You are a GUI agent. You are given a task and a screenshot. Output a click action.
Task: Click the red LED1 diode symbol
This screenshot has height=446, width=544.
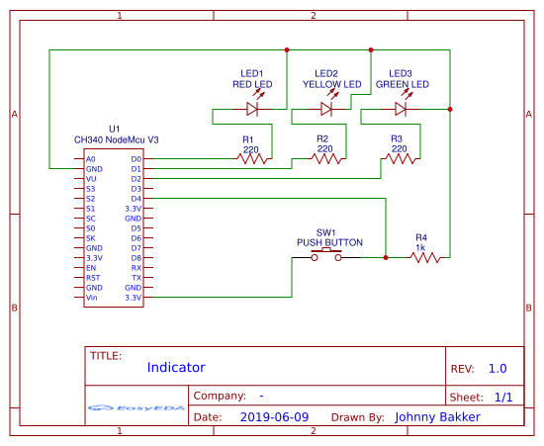click(x=252, y=109)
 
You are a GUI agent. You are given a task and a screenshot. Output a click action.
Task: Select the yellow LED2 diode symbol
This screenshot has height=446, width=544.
click(x=326, y=109)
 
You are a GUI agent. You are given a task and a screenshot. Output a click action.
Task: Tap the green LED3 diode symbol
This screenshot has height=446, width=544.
click(x=401, y=109)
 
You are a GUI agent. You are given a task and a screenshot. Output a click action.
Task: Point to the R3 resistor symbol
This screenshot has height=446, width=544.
click(x=399, y=157)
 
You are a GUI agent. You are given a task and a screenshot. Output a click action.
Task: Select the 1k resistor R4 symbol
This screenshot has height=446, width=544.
click(x=425, y=257)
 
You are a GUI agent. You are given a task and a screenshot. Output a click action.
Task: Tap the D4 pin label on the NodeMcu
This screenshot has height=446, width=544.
click(x=136, y=199)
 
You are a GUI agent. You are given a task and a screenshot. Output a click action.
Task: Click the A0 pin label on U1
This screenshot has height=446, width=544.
click(x=91, y=158)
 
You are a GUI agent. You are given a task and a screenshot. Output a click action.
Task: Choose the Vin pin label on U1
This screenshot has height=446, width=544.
click(x=92, y=297)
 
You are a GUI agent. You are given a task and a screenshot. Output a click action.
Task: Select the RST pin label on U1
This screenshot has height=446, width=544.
click(x=92, y=278)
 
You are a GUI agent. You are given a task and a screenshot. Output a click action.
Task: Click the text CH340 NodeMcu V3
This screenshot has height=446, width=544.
click(x=116, y=140)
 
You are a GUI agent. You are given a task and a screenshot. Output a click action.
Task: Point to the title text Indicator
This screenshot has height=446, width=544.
click(x=176, y=368)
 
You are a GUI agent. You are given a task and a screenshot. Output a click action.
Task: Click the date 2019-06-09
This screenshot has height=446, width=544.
click(x=274, y=417)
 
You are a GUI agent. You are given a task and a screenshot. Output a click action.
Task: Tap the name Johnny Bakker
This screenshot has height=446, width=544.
click(x=437, y=417)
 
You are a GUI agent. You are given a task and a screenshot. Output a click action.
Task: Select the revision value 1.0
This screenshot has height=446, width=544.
click(x=498, y=368)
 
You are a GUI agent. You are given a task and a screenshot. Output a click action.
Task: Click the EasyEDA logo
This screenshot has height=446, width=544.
click(x=136, y=407)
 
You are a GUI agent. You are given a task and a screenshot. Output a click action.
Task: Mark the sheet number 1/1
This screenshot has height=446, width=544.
click(x=502, y=397)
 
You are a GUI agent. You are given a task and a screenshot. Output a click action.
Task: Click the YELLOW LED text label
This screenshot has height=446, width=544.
click(x=326, y=85)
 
